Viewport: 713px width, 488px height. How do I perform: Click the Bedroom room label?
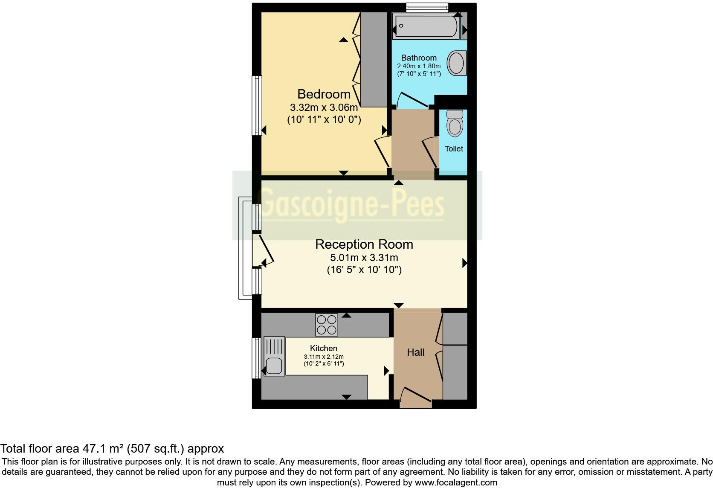point(324,94)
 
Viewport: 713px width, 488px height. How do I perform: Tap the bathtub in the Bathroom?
point(426,26)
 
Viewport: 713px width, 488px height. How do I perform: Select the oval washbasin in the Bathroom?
point(456,63)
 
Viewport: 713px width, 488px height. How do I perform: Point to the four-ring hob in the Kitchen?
point(327,325)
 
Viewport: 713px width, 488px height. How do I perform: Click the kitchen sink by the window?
point(274,356)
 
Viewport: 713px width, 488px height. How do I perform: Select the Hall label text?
point(415,352)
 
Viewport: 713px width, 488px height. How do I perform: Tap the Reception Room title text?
point(364,244)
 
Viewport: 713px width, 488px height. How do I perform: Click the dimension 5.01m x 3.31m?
point(364,258)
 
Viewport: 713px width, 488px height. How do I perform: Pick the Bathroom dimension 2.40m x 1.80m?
point(418,66)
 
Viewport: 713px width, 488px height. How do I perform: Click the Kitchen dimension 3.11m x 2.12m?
point(323,357)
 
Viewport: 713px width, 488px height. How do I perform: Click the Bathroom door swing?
point(412,100)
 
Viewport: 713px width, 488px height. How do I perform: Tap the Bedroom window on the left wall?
point(257,105)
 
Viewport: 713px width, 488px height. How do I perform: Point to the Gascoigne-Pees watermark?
point(352,205)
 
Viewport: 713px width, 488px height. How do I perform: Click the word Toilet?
point(454,149)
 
